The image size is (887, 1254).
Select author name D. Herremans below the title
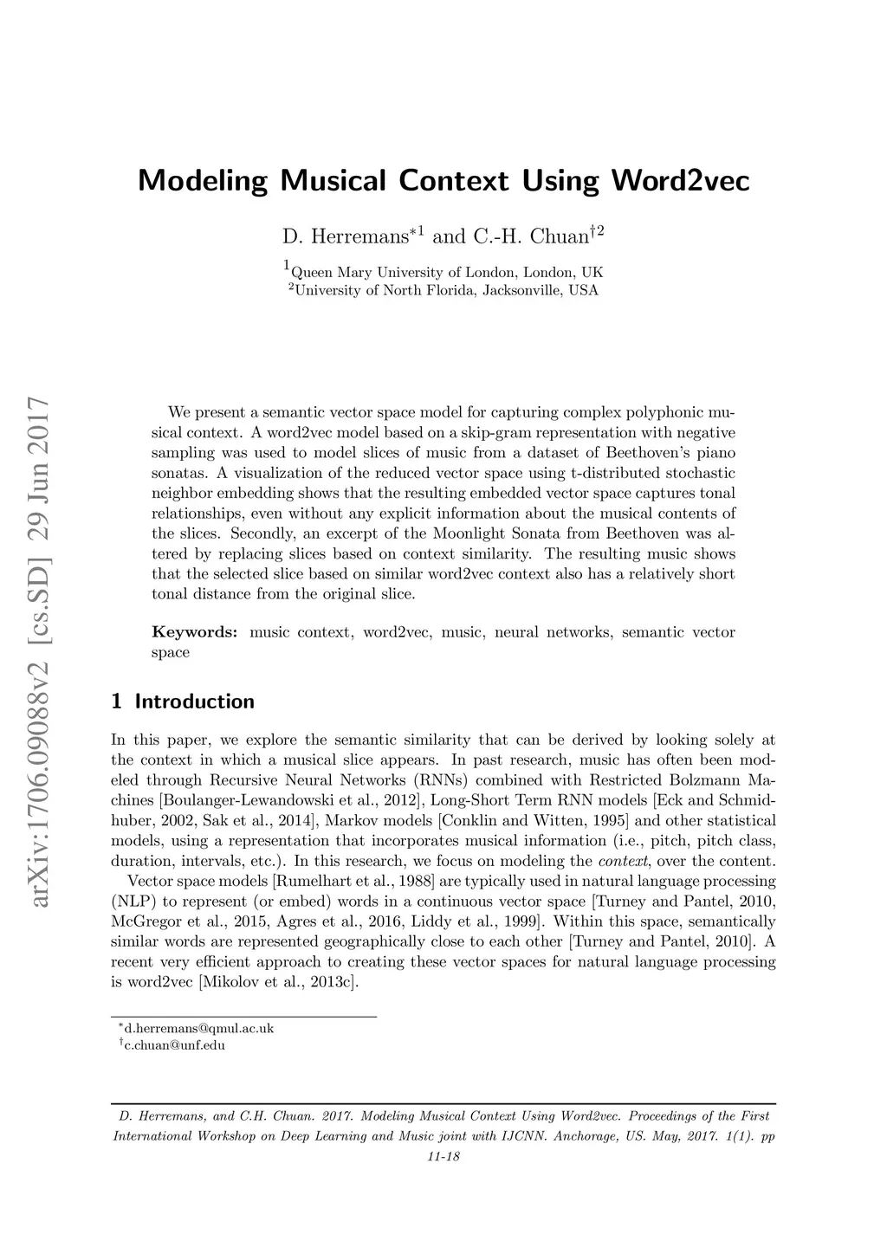tap(346, 236)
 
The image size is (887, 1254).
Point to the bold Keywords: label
tap(194, 632)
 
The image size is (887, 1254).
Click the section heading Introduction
tap(194, 701)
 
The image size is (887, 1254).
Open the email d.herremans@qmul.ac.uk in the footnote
tap(199, 1029)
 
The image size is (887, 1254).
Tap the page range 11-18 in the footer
tap(443, 1157)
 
